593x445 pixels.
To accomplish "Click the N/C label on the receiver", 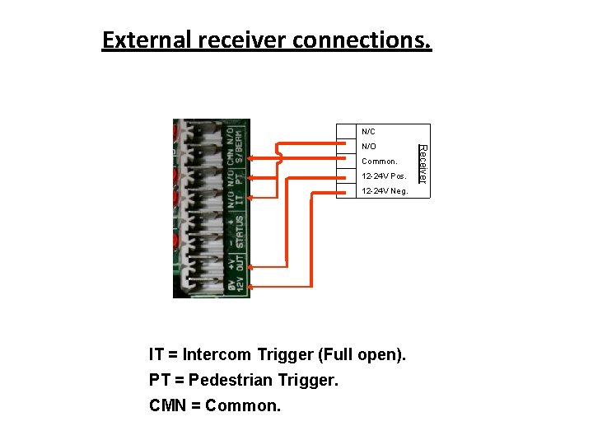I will pos(368,132).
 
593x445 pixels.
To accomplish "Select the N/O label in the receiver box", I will pos(368,147).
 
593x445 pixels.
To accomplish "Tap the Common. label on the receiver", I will pos(380,162).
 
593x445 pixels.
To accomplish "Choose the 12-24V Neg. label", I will pos(385,191).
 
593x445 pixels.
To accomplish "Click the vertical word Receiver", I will pos(423,163).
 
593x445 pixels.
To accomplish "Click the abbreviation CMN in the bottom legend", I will pos(168,405).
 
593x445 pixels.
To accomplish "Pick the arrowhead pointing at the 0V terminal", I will pos(251,287).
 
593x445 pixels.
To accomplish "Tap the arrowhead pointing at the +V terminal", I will pos(251,267).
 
